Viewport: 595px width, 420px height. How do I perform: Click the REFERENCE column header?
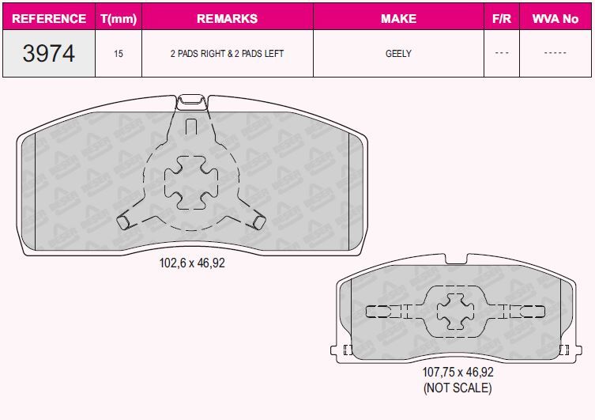coord(49,19)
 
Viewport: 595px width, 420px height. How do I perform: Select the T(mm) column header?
coord(119,19)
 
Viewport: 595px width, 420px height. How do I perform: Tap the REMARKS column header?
coord(228,19)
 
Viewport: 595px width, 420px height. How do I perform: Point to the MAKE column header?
coord(399,19)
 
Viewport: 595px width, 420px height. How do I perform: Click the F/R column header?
coord(502,19)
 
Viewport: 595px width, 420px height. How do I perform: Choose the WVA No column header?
coord(555,19)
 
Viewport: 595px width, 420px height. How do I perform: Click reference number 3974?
coord(49,53)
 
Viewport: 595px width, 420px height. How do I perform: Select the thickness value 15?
coord(119,54)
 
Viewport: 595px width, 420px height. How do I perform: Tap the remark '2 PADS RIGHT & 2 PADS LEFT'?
coord(228,54)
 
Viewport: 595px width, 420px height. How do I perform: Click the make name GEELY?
coord(398,54)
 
